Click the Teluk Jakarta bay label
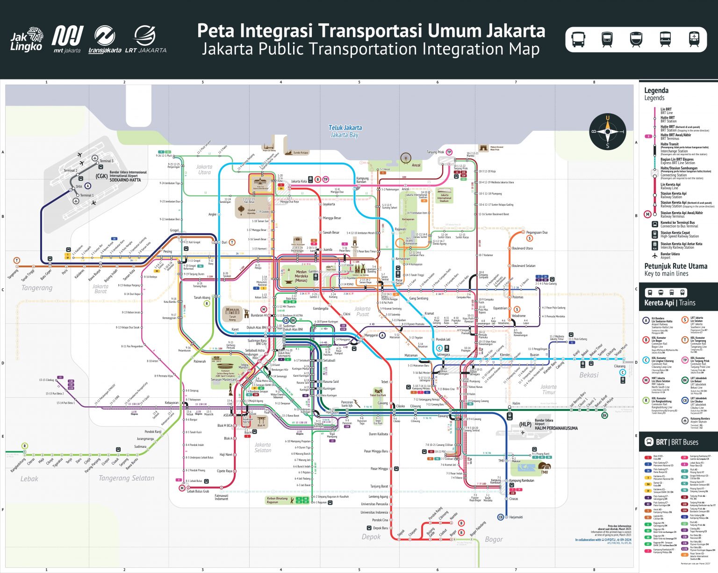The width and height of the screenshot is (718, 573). [x=345, y=131]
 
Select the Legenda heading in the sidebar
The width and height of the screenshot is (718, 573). [x=656, y=91]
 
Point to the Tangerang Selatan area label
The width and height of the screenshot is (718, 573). [x=126, y=478]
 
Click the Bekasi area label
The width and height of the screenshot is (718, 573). [x=589, y=375]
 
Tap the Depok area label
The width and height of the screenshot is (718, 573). [x=371, y=537]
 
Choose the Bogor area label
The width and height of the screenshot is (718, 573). [x=494, y=539]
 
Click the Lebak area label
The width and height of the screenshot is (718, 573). [x=29, y=479]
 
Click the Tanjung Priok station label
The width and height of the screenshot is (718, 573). [x=435, y=152]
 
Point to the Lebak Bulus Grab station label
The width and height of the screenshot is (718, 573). [x=198, y=491]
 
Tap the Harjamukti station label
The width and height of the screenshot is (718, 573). [x=516, y=517]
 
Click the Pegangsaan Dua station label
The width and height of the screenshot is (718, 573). [x=537, y=232]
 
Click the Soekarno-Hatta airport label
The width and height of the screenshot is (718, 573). [x=128, y=176]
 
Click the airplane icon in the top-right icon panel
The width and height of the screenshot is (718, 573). [x=694, y=39]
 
